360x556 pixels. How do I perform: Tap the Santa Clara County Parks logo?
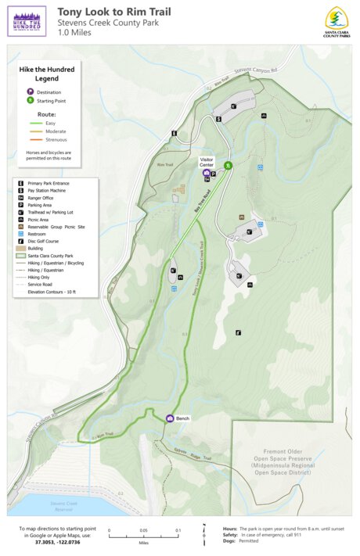click(x=337, y=21)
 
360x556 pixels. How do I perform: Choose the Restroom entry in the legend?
click(x=40, y=233)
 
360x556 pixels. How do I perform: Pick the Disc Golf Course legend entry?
click(x=45, y=240)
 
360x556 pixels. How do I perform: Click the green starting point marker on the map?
click(x=228, y=165)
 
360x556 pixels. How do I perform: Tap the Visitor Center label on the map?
click(x=207, y=162)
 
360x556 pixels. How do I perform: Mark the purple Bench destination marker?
click(x=170, y=418)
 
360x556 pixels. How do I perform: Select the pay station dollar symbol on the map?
click(x=219, y=120)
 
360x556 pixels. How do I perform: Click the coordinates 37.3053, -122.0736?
click(x=59, y=541)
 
